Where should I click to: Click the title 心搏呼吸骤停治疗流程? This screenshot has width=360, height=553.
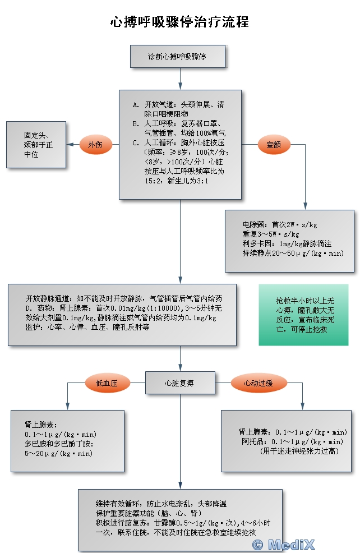click(x=179, y=22)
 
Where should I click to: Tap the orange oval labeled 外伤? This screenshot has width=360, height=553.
click(x=96, y=145)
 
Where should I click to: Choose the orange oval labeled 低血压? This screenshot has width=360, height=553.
click(x=107, y=384)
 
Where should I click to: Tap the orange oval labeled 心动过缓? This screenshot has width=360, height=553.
click(x=258, y=384)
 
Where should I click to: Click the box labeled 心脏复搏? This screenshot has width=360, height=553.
click(x=179, y=384)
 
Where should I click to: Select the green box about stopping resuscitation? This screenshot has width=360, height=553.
click(x=303, y=315)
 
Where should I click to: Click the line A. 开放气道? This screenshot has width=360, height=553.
click(x=178, y=104)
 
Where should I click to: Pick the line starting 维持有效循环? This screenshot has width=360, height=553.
click(x=161, y=504)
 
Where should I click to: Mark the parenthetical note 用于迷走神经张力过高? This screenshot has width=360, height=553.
click(x=299, y=450)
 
